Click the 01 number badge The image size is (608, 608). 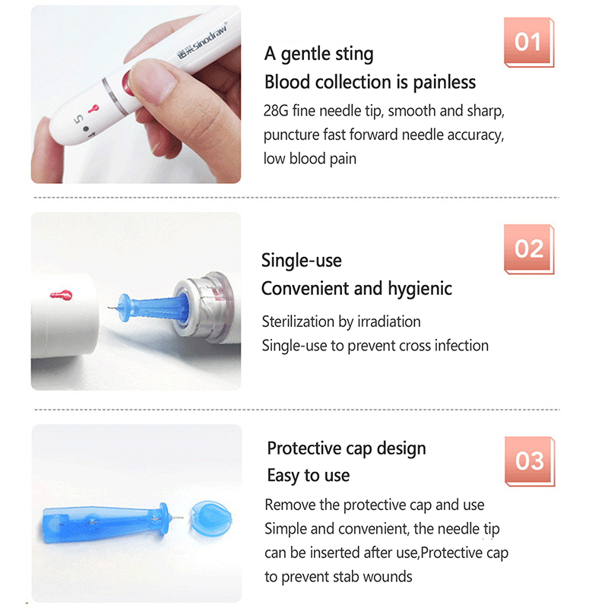click(529, 43)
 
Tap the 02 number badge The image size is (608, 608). click(529, 249)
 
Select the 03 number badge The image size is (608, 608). click(530, 461)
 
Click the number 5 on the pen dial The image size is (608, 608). click(78, 119)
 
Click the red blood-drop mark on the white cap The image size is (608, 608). click(62, 295)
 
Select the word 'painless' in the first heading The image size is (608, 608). click(444, 83)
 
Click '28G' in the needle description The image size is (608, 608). click(276, 111)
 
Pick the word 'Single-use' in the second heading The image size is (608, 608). click(301, 260)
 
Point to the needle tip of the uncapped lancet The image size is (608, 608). click(182, 517)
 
